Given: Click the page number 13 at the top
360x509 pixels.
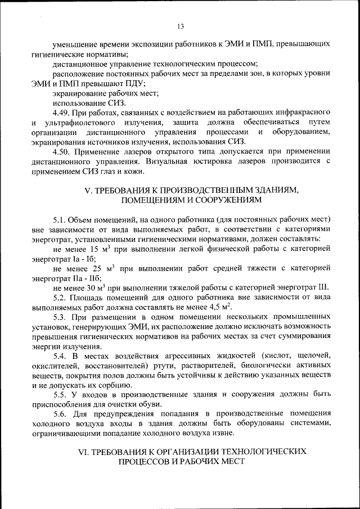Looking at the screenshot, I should click(180, 26).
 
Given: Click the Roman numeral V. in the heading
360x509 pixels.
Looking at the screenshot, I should click(87, 191).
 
